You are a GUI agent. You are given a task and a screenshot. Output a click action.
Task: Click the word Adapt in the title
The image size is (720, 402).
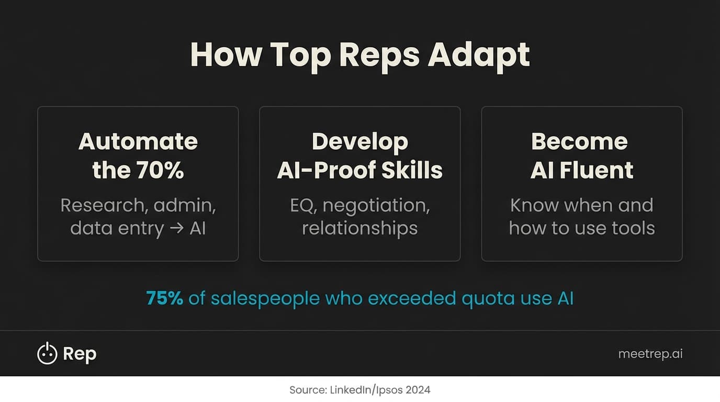point(479,54)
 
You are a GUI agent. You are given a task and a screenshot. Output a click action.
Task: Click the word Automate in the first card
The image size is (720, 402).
point(138,141)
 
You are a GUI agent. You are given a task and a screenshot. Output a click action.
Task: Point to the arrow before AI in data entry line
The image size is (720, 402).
point(177,228)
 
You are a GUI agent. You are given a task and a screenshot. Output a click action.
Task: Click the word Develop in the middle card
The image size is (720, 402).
point(360,141)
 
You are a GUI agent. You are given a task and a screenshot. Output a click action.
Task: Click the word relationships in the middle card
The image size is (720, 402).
point(360,228)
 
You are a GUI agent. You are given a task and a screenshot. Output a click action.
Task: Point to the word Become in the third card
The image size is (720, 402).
point(579,141)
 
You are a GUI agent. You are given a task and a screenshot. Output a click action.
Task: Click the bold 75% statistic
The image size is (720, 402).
point(165,298)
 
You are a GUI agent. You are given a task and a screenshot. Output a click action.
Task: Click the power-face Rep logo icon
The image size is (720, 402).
point(47,354)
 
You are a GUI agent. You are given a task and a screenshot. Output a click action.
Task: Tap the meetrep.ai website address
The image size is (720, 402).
point(650,354)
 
